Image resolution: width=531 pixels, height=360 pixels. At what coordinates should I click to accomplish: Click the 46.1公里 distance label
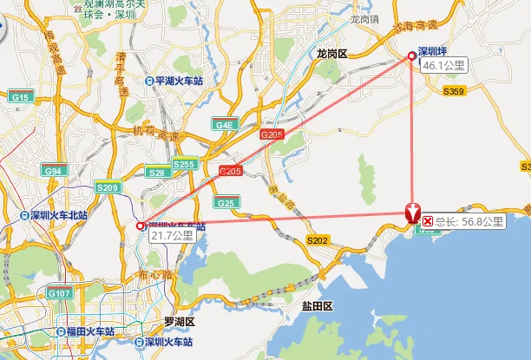click(x=443, y=65)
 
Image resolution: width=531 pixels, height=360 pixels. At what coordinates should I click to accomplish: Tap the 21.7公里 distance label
click(x=172, y=235)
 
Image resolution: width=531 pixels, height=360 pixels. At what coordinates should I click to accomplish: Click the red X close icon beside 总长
click(x=428, y=222)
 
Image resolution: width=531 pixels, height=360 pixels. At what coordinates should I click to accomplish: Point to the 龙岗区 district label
click(x=331, y=54)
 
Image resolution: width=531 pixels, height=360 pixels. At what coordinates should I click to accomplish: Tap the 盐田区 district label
click(x=317, y=307)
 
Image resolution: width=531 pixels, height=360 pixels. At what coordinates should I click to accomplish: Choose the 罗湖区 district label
click(x=180, y=322)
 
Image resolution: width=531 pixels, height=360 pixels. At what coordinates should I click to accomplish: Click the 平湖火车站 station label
click(x=179, y=82)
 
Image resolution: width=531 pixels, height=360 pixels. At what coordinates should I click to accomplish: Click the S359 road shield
click(x=454, y=91)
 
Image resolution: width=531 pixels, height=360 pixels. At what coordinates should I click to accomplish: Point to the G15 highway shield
click(x=21, y=98)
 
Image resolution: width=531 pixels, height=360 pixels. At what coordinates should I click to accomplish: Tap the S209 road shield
click(x=108, y=187)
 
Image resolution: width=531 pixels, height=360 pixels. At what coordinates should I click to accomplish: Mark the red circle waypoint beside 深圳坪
click(x=413, y=57)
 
